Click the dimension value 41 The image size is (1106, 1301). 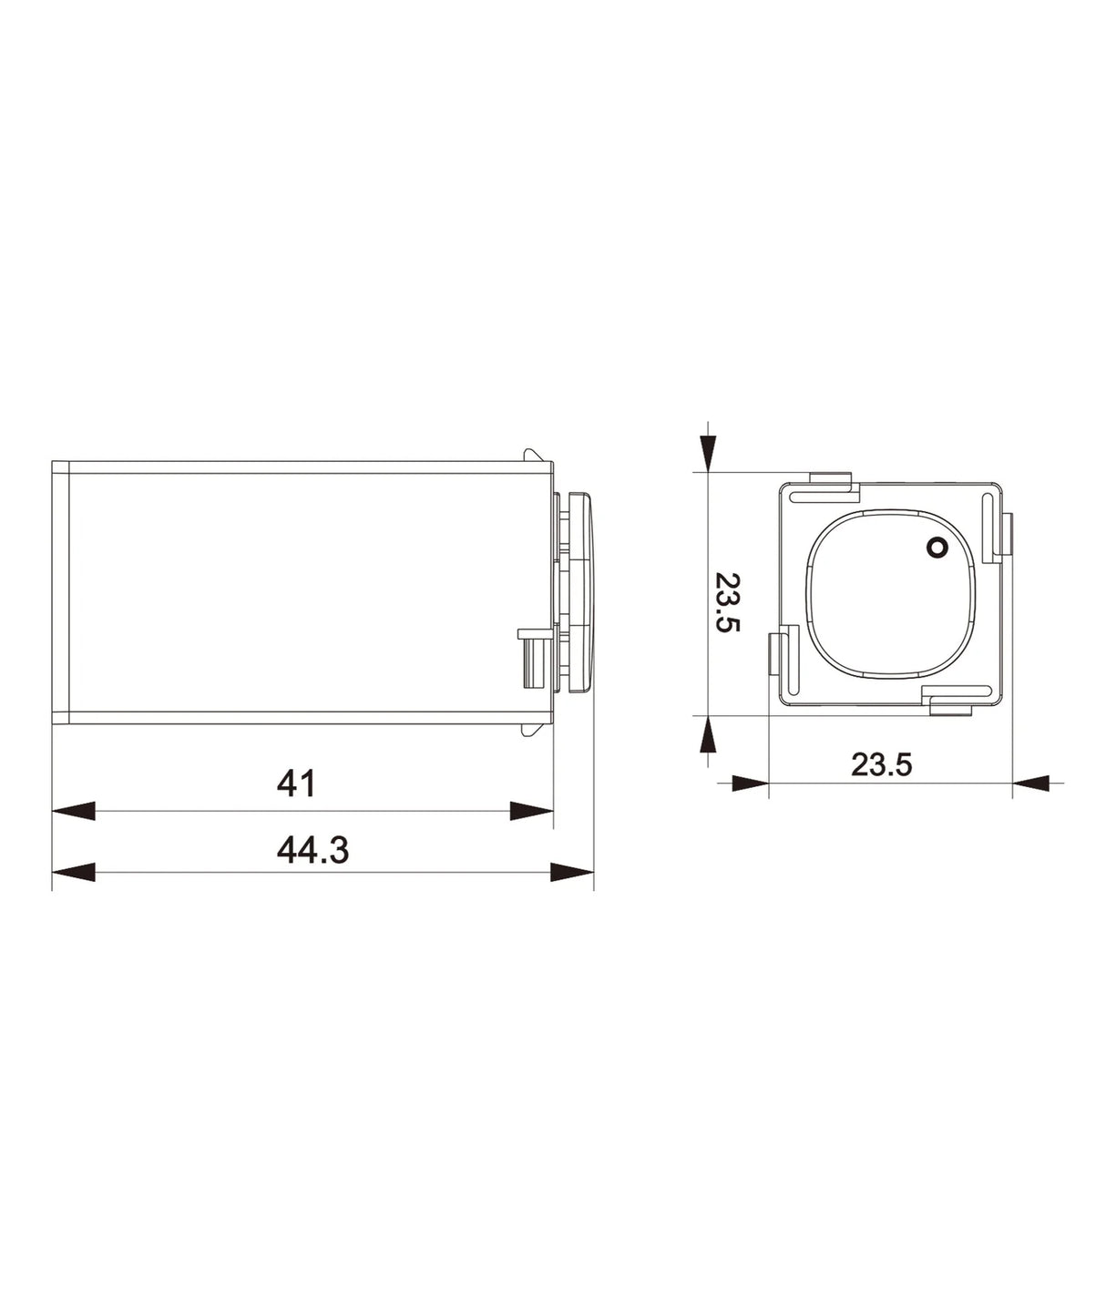[x=297, y=784]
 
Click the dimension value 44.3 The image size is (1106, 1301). [x=312, y=850]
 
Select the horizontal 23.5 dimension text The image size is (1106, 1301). [x=881, y=763]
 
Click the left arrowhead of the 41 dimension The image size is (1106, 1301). [x=73, y=811]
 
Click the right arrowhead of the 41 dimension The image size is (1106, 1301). [x=532, y=811]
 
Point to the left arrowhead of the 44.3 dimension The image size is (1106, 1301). [x=73, y=873]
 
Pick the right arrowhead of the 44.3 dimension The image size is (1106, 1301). [x=572, y=873]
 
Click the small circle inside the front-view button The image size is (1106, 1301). [x=936, y=547]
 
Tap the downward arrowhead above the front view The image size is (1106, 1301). [x=707, y=450]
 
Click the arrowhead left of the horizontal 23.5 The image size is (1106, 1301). [x=749, y=782]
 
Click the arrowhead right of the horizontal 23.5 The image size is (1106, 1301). [x=1031, y=782]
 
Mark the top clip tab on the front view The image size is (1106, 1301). [x=829, y=480]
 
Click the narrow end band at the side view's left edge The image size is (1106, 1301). [x=61, y=592]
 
